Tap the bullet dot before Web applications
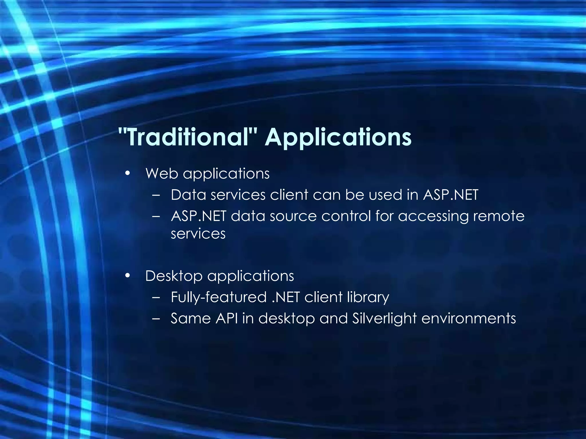[x=128, y=173]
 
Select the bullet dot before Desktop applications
[x=128, y=276]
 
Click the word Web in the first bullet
[x=162, y=173]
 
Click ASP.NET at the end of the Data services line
[x=450, y=195]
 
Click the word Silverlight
[x=384, y=318]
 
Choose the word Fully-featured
[x=219, y=297]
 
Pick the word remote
[x=498, y=216]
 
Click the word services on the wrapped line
[x=198, y=234]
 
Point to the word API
[x=227, y=318]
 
